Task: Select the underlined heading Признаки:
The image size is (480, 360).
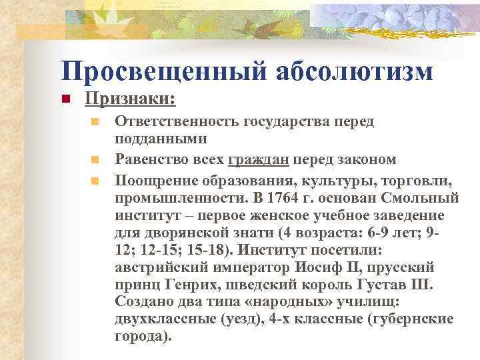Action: coord(130,99)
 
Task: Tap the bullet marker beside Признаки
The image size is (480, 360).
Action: coord(66,100)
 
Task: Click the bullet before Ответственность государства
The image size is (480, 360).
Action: coord(96,123)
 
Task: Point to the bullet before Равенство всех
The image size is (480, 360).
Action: coord(96,160)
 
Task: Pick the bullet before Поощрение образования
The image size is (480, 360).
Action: coord(96,180)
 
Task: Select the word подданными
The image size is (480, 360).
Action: coord(160,139)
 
